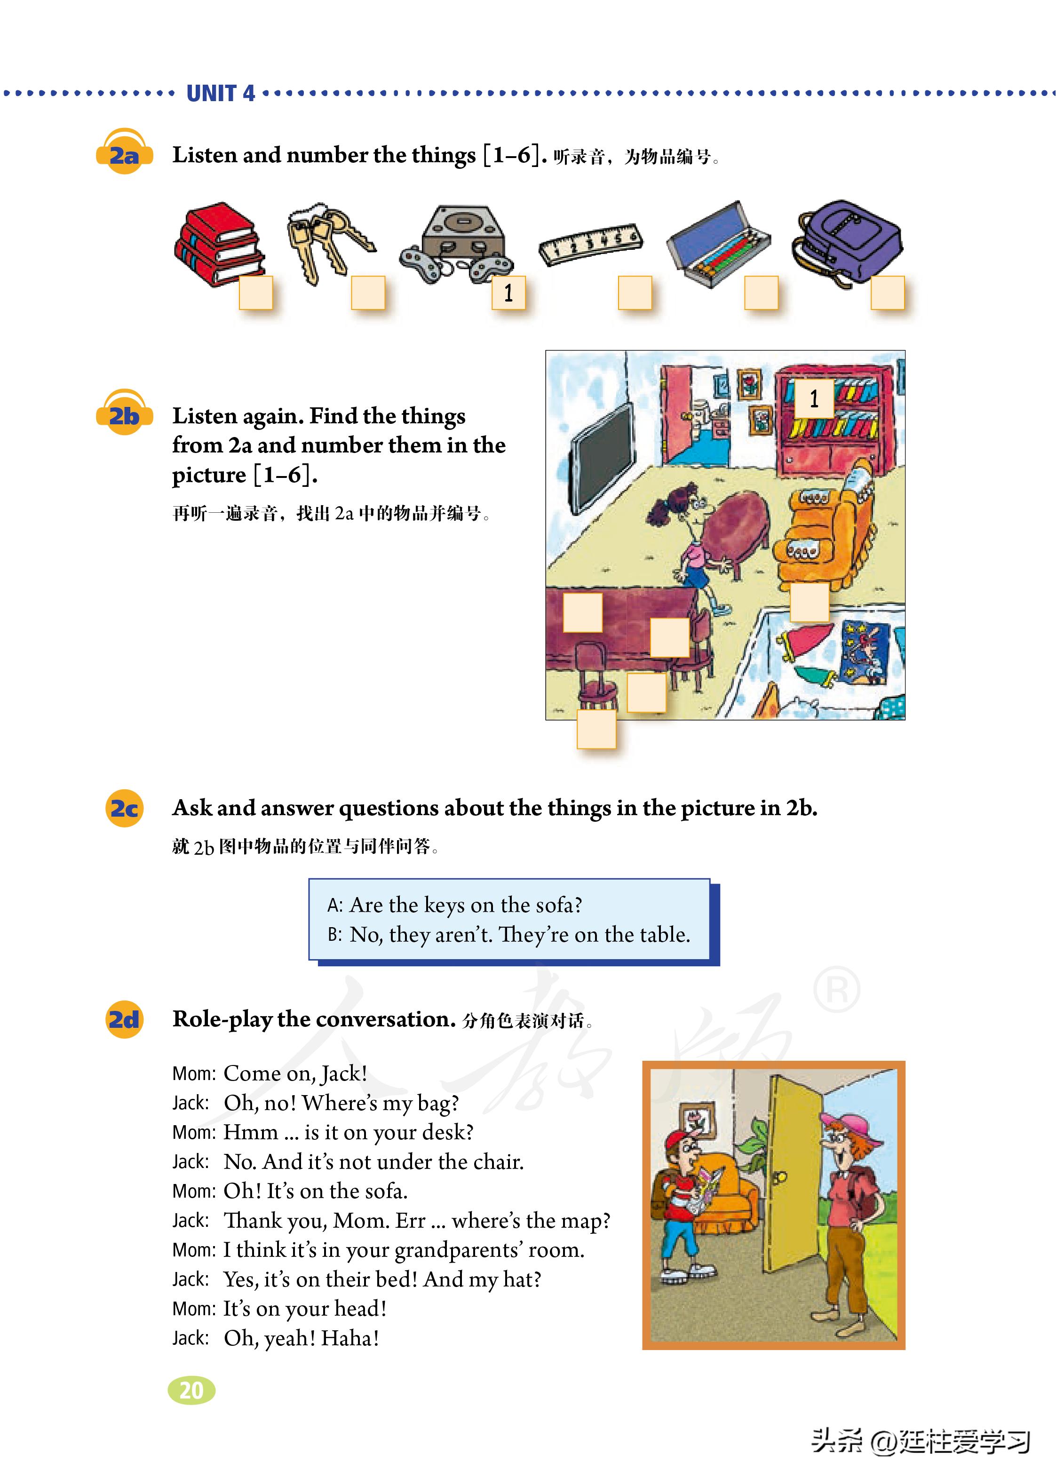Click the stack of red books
tap(218, 243)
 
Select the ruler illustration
tap(590, 243)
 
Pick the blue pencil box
tap(718, 243)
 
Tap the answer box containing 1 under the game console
tap(508, 293)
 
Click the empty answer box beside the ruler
tap(635, 293)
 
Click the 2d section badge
tap(124, 1019)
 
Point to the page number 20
tap(191, 1390)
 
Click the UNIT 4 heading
tap(221, 94)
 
